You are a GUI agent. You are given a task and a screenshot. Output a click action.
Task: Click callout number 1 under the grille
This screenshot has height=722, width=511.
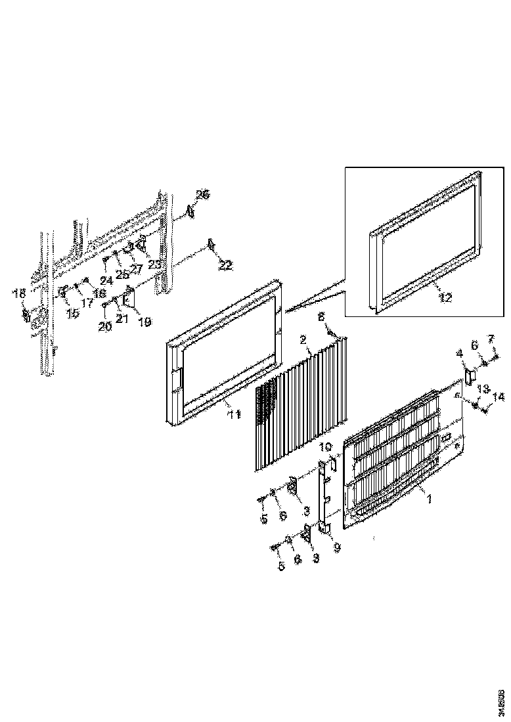point(430,499)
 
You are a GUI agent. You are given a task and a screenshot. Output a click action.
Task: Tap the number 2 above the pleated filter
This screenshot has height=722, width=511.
point(303,339)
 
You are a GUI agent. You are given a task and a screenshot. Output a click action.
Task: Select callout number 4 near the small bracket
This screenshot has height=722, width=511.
point(460,354)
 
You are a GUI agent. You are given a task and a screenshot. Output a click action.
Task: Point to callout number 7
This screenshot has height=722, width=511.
point(490,339)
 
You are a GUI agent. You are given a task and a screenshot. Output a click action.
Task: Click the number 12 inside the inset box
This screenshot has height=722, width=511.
point(445,297)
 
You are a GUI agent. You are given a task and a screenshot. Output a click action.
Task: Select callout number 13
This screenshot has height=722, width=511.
point(483,389)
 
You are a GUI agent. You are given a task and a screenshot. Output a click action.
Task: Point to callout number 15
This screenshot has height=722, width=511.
point(72,314)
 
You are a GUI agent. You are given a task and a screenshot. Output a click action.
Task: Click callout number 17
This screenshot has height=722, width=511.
point(87,303)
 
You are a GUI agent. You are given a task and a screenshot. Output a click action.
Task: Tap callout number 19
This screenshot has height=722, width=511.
point(144,322)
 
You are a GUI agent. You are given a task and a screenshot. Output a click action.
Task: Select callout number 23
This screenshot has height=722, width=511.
point(154,265)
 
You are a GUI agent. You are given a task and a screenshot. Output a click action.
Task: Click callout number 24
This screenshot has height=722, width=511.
point(106,280)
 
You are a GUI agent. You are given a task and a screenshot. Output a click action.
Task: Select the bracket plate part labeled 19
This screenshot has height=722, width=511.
point(129,298)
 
